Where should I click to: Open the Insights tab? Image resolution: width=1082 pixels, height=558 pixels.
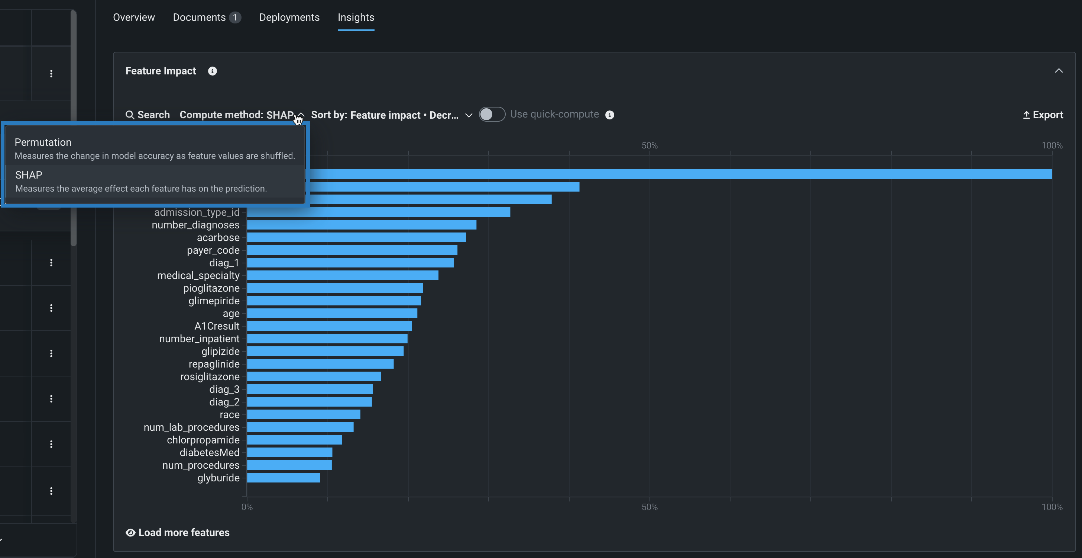(355, 17)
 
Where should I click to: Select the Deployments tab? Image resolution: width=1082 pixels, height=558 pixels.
(289, 17)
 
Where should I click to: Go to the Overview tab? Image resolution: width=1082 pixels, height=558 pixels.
(133, 17)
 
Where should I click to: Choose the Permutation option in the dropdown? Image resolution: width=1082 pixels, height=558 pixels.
(155, 148)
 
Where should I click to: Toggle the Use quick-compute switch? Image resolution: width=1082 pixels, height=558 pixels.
(492, 114)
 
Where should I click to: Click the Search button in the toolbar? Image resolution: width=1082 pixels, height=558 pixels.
(148, 115)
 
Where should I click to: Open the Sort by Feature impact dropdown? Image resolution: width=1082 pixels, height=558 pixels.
(392, 115)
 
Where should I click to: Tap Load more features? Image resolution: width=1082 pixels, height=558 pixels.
(178, 532)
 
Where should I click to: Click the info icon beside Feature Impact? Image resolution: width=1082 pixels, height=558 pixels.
(212, 71)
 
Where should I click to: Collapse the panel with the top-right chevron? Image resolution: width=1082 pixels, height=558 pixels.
(1059, 71)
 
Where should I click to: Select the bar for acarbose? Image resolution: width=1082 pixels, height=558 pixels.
(356, 238)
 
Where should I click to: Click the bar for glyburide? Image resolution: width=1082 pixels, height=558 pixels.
(284, 478)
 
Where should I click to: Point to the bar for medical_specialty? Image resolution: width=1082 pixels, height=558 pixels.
(342, 275)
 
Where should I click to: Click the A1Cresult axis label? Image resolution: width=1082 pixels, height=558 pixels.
(217, 326)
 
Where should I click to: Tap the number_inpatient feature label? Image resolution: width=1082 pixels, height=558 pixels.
(199, 339)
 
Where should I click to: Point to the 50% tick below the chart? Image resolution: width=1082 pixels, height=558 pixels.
(649, 507)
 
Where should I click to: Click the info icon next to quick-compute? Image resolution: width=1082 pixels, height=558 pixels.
(609, 115)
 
